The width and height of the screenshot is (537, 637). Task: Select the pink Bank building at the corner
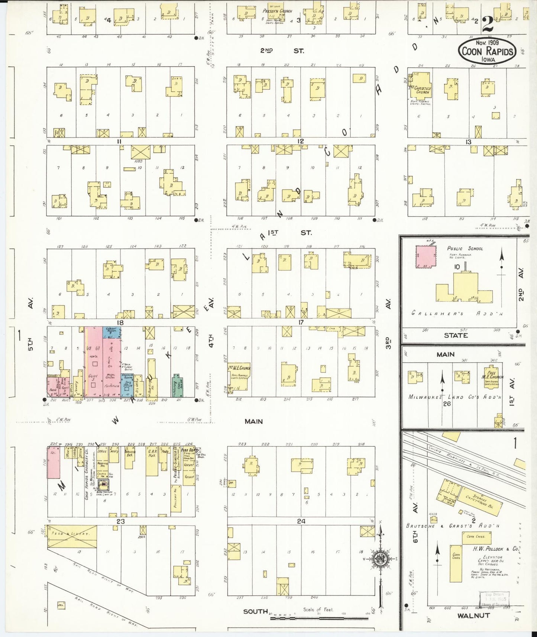click(x=53, y=387)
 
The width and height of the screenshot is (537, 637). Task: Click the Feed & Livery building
click(x=72, y=536)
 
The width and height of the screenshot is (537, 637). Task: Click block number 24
click(x=301, y=521)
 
